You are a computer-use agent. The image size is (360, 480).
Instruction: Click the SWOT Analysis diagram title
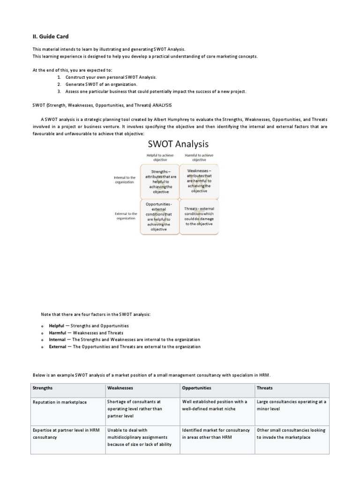pyautogui.click(x=179, y=143)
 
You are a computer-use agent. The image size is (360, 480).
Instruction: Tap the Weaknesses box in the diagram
pyautogui.click(x=199, y=181)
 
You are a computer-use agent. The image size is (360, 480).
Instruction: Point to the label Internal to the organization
pyautogui.click(x=124, y=180)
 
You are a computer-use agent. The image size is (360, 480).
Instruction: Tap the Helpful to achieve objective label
pyautogui.click(x=160, y=157)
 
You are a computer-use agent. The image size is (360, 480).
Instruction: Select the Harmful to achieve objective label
pyautogui.click(x=199, y=157)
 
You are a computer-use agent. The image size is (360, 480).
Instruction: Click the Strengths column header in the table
pyautogui.click(x=43, y=388)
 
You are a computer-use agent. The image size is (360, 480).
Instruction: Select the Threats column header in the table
pyautogui.click(x=265, y=388)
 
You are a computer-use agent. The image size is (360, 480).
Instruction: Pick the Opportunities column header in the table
pyautogui.click(x=196, y=388)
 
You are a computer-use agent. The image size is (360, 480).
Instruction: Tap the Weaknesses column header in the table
pyautogui.click(x=120, y=388)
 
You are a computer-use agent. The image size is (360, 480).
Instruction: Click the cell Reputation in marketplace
pyautogui.click(x=60, y=402)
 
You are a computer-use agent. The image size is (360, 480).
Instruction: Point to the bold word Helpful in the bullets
pyautogui.click(x=57, y=325)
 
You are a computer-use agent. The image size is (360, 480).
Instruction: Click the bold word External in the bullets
pyautogui.click(x=58, y=346)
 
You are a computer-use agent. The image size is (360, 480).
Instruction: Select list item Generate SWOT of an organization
pyautogui.click(x=101, y=84)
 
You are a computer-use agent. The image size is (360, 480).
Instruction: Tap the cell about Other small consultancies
pyautogui.click(x=291, y=433)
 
